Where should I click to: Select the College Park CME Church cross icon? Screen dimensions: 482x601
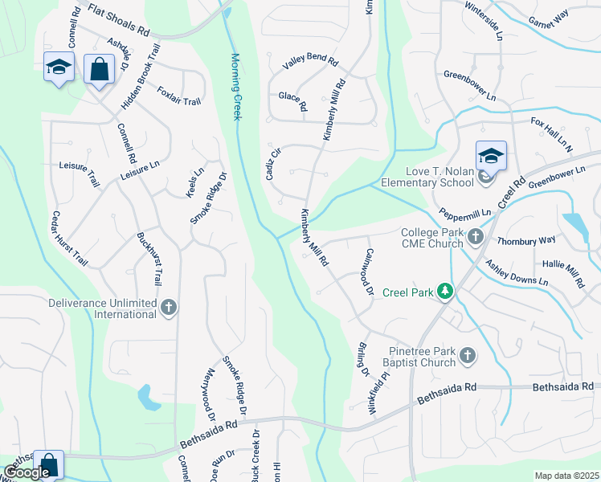(x=476, y=237)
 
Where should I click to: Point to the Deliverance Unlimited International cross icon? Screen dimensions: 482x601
(x=169, y=308)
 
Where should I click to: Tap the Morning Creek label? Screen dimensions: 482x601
(x=236, y=87)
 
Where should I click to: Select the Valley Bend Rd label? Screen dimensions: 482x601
(x=309, y=64)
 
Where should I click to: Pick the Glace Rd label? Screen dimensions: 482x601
(x=292, y=101)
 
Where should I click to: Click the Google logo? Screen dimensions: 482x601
(x=27, y=472)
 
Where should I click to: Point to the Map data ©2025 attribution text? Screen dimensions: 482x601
(x=566, y=476)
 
